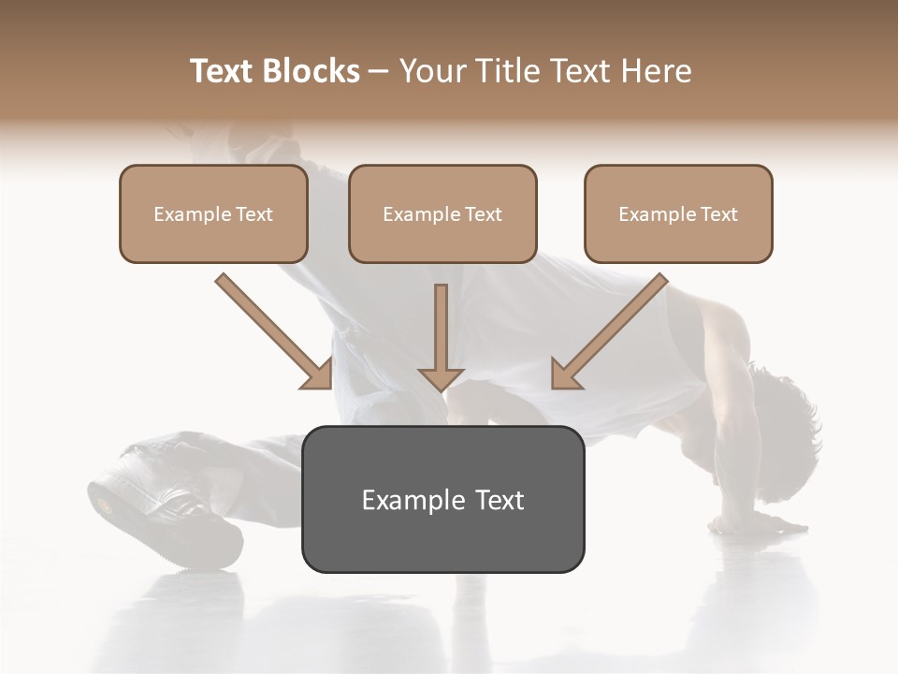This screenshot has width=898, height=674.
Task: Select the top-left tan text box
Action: click(213, 213)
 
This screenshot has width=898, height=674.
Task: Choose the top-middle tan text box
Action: click(442, 213)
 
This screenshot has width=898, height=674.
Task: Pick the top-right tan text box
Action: click(678, 213)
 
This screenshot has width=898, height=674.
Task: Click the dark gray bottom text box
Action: click(442, 499)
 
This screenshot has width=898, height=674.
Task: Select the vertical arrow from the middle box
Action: click(441, 328)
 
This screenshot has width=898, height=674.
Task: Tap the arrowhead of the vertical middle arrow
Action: click(441, 378)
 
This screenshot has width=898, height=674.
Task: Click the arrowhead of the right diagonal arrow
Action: click(565, 375)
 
